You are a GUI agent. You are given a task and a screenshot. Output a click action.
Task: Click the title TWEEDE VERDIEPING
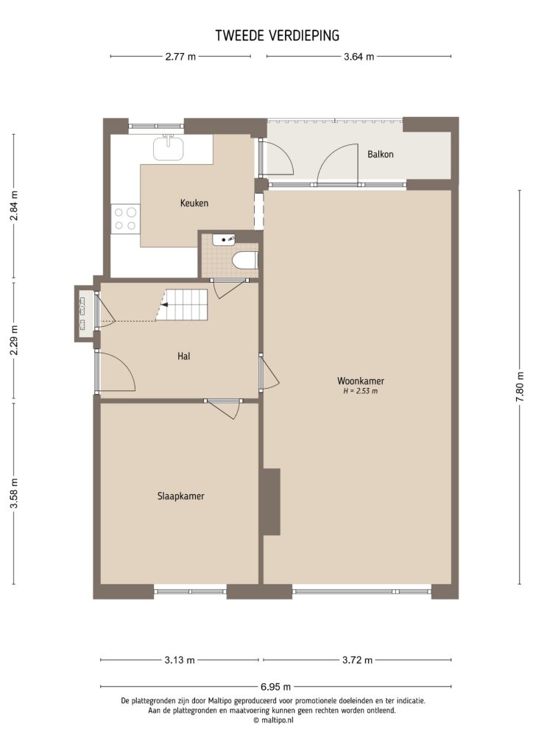click(277, 35)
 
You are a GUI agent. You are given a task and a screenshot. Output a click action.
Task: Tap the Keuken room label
click(194, 203)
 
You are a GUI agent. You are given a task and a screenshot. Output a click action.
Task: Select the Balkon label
click(380, 155)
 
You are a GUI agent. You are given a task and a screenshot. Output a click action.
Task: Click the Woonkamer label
click(361, 381)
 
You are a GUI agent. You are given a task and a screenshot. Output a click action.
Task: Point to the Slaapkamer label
click(180, 496)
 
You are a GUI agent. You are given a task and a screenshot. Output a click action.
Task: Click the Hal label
click(184, 356)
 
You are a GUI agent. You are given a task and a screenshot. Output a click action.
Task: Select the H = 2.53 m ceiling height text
click(361, 392)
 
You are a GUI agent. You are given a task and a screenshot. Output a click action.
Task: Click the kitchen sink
click(169, 149)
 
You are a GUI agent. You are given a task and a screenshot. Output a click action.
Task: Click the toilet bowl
click(244, 260)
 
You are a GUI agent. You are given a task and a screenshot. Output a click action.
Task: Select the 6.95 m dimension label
click(277, 687)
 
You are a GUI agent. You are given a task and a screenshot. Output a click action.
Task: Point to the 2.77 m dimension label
click(180, 57)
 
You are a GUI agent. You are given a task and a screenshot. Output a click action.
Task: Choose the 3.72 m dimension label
click(357, 660)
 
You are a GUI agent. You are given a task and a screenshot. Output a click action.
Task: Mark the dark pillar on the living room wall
click(271, 501)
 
